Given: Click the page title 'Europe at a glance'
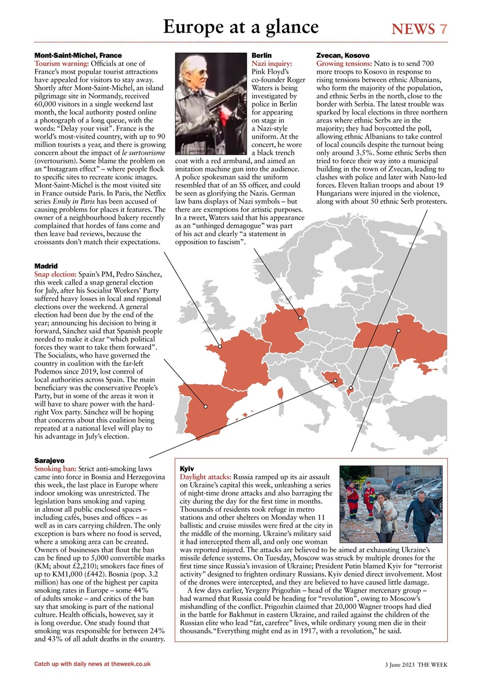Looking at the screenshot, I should (x=241, y=27).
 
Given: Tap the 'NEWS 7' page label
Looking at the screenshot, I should (x=419, y=29).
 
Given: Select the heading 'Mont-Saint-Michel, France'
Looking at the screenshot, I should (x=78, y=55).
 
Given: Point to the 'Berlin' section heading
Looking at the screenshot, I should (x=262, y=55).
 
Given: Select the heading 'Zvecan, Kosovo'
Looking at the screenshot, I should (x=342, y=55).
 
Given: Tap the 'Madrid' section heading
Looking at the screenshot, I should (x=46, y=265).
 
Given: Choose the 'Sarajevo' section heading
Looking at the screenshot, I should (x=49, y=459).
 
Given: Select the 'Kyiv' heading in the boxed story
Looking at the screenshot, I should (x=187, y=468).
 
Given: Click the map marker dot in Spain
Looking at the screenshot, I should (x=206, y=407).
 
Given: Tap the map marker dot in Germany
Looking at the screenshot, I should (x=300, y=318).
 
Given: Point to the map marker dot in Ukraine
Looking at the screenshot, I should (x=398, y=331).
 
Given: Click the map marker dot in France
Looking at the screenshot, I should (x=219, y=346).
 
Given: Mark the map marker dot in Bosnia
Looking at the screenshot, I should (x=335, y=380).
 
